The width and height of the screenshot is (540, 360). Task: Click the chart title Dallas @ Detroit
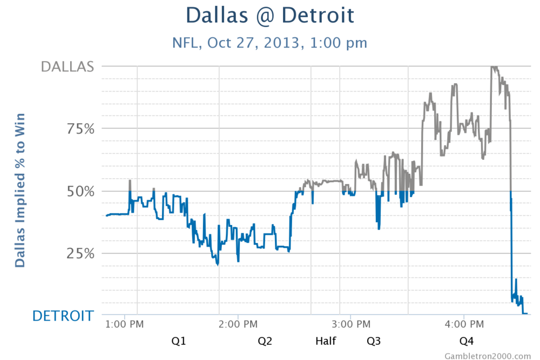pyautogui.click(x=270, y=15)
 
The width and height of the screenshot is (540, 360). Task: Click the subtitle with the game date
pyautogui.click(x=270, y=43)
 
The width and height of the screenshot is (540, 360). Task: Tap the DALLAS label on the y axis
pyautogui.click(x=67, y=66)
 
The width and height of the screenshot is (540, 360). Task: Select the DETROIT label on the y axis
pyautogui.click(x=63, y=316)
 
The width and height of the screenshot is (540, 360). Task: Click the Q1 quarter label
pyautogui.click(x=179, y=341)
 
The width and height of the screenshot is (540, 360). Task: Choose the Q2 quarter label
pyautogui.click(x=265, y=341)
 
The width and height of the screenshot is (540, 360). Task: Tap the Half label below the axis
pyautogui.click(x=326, y=341)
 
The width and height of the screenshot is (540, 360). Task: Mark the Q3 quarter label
pyautogui.click(x=374, y=341)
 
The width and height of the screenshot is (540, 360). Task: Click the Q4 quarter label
pyautogui.click(x=466, y=341)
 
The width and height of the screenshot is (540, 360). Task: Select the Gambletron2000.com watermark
pyautogui.click(x=488, y=355)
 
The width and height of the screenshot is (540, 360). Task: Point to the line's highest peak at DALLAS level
pyautogui.click(x=493, y=67)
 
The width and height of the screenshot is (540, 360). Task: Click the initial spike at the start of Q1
pyautogui.click(x=130, y=181)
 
